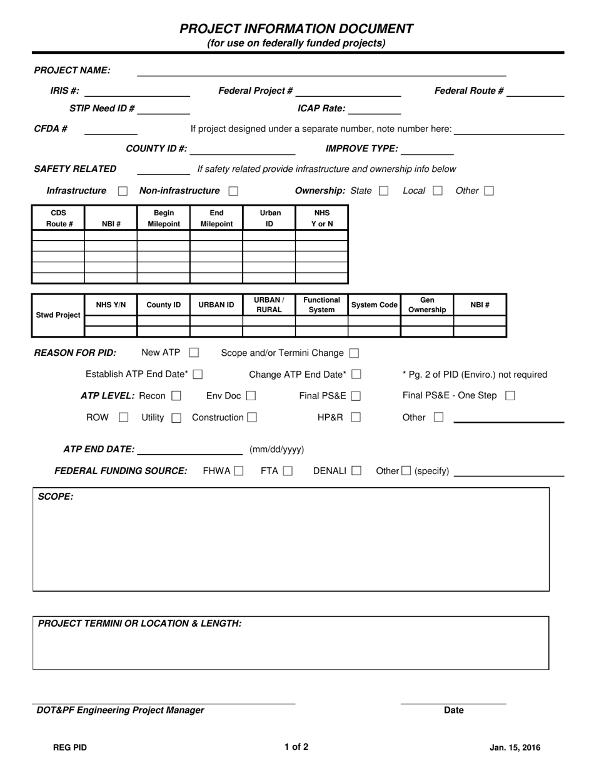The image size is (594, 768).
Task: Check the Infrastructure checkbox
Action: tap(123, 191)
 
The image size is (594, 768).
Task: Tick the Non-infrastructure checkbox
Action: tap(233, 191)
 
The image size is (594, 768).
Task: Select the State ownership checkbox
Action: tap(383, 191)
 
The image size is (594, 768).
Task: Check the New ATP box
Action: tap(194, 353)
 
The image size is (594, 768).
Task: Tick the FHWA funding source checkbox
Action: tap(238, 471)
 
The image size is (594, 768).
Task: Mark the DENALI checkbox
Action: tap(356, 471)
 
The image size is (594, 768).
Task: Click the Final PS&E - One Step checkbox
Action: tap(510, 396)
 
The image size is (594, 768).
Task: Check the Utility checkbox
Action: tap(176, 418)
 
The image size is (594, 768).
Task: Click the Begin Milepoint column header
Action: tap(163, 218)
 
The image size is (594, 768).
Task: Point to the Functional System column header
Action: tap(321, 305)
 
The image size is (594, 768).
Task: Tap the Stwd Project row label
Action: tap(58, 315)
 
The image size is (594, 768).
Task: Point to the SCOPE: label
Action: tap(56, 497)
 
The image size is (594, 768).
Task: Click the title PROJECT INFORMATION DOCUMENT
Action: tap(296, 29)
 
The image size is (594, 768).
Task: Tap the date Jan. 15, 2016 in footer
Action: tap(515, 747)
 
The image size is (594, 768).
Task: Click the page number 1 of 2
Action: tap(296, 747)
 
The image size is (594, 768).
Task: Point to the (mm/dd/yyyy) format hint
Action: tap(276, 450)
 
